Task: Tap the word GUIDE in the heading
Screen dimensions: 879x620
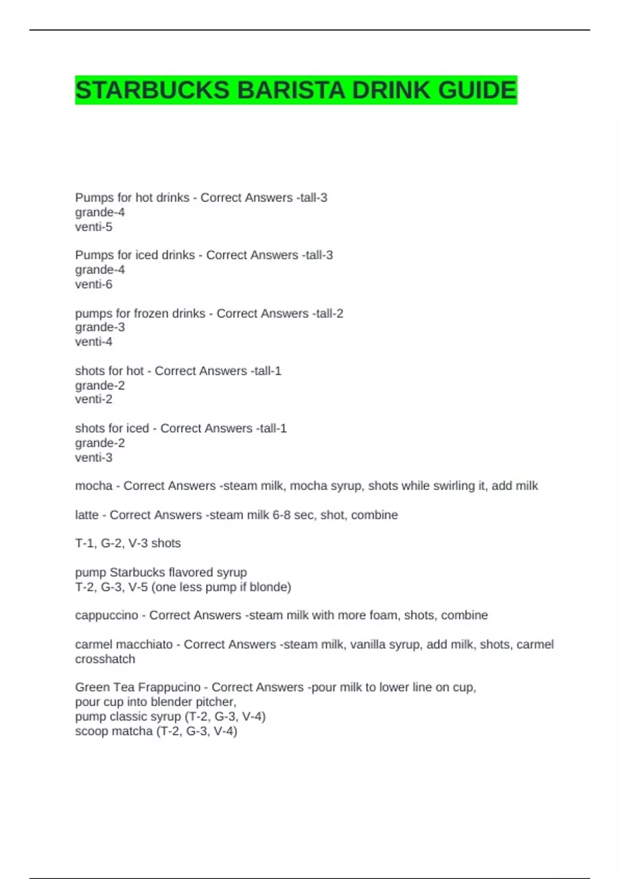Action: [477, 90]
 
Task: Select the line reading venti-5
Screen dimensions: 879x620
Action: [94, 227]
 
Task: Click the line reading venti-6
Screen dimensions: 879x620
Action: [94, 284]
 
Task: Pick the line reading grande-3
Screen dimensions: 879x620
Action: [100, 327]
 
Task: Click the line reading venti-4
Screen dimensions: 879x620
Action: [94, 342]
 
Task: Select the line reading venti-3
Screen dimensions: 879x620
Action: [94, 458]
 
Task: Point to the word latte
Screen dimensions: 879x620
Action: [87, 515]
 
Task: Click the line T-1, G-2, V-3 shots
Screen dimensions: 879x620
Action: [128, 543]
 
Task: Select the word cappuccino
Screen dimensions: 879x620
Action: [107, 615]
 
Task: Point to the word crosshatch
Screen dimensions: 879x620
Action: [105, 659]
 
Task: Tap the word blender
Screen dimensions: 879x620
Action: [169, 702]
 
